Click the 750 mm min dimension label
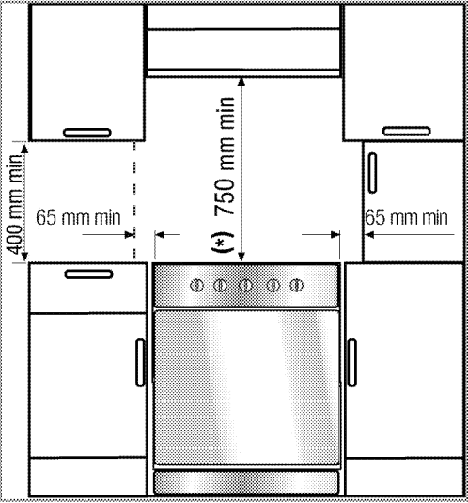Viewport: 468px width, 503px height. (225, 156)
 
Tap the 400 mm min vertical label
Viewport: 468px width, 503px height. (15, 204)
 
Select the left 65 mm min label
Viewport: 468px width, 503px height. (78, 217)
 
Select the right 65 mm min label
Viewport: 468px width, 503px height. (406, 217)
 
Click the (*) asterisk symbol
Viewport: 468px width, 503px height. (223, 242)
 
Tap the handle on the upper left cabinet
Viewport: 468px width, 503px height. (87, 133)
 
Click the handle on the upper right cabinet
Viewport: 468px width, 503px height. (407, 131)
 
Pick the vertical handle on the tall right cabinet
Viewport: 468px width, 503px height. (372, 173)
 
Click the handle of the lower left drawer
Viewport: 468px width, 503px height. (88, 275)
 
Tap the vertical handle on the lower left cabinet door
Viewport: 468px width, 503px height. (140, 363)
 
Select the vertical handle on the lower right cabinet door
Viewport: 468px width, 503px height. (352, 363)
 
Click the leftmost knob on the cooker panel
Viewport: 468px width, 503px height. (196, 285)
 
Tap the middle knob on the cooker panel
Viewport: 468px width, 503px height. (245, 285)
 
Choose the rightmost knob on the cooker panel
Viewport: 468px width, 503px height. (296, 285)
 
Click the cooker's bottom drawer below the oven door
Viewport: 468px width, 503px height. (246, 482)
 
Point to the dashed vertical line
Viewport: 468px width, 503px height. (134, 200)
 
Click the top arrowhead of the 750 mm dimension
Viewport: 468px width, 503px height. (242, 82)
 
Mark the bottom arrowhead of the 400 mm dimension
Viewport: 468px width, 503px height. (24, 257)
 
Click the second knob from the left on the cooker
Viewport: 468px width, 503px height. (220, 285)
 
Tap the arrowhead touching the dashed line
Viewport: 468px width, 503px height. (129, 235)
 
